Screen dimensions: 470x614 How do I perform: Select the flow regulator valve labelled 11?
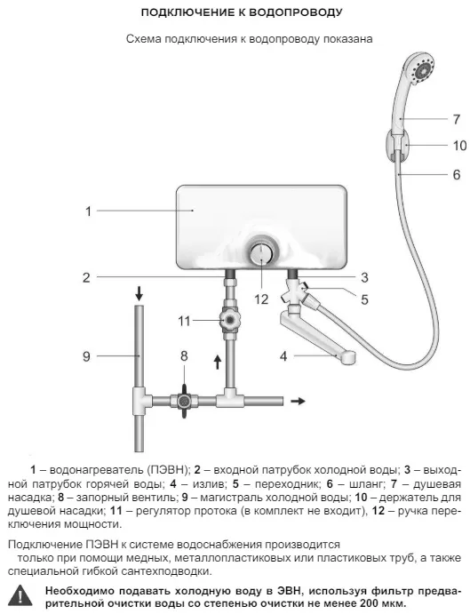pos(230,320)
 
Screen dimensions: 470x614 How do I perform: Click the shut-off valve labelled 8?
pos(184,401)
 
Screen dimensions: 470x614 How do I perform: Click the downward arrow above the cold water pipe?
pos(139,293)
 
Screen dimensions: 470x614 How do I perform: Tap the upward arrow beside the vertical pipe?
pos(218,362)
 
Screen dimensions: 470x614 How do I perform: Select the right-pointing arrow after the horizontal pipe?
pos(298,401)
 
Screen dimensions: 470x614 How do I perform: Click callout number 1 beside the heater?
pos(89,211)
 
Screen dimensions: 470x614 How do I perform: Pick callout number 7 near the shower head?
pos(457,119)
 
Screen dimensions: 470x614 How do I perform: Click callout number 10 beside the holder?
pos(460,146)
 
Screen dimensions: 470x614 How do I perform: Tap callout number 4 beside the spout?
pos(283,356)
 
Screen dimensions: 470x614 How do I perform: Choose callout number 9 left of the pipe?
pos(86,356)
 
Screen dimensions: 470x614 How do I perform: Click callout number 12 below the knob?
pos(261,299)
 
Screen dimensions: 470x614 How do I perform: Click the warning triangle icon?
pos(20,596)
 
